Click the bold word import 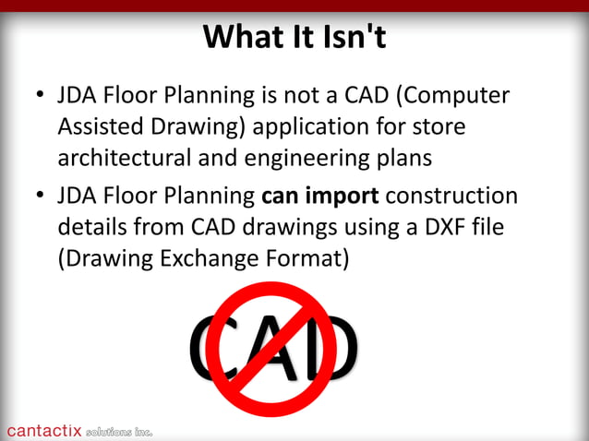[x=343, y=197]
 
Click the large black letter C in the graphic [x=210, y=348]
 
